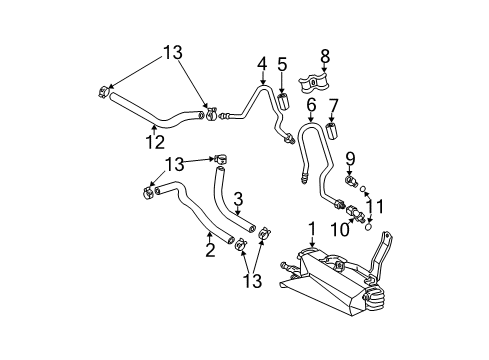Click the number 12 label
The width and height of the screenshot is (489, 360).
click(x=154, y=143)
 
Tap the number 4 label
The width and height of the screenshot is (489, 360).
click(x=262, y=64)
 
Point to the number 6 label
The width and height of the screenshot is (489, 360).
click(x=311, y=104)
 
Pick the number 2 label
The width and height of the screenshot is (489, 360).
click(x=209, y=250)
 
